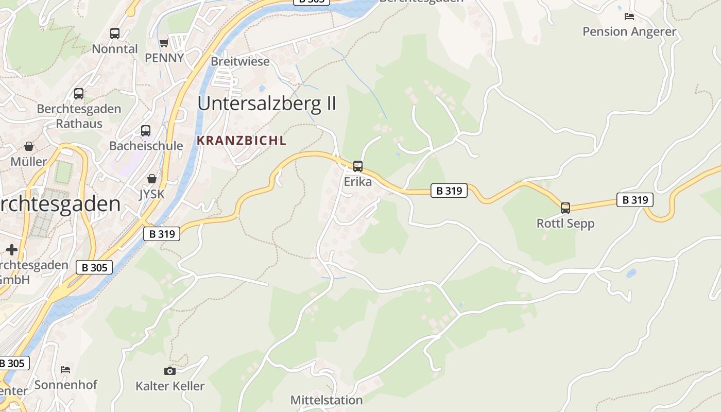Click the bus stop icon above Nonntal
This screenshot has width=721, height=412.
click(x=115, y=34)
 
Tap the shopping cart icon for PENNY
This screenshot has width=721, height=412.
click(x=164, y=43)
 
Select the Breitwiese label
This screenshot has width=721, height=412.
click(x=240, y=61)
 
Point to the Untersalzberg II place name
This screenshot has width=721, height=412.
click(x=267, y=104)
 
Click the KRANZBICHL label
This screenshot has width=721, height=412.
click(x=241, y=141)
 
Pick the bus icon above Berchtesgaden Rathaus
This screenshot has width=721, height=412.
click(x=79, y=94)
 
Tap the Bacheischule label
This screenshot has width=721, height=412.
click(x=146, y=146)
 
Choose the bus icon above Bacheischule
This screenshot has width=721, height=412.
click(x=146, y=131)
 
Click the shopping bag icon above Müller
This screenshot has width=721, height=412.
click(x=29, y=147)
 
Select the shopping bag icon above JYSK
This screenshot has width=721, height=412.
click(x=152, y=179)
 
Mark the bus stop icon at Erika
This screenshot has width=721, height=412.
click(x=358, y=166)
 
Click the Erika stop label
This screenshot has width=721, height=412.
click(x=358, y=182)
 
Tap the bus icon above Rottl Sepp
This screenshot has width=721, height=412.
click(x=565, y=208)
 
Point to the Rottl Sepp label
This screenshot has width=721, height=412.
click(x=565, y=224)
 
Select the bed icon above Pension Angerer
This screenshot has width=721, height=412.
click(x=629, y=16)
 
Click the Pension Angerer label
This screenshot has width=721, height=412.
click(x=629, y=31)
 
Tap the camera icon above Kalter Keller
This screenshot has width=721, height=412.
click(x=169, y=371)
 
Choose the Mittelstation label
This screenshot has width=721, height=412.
click(x=327, y=400)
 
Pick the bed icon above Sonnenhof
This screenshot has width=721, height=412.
click(x=65, y=370)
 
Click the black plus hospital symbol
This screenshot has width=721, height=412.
click(x=12, y=250)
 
